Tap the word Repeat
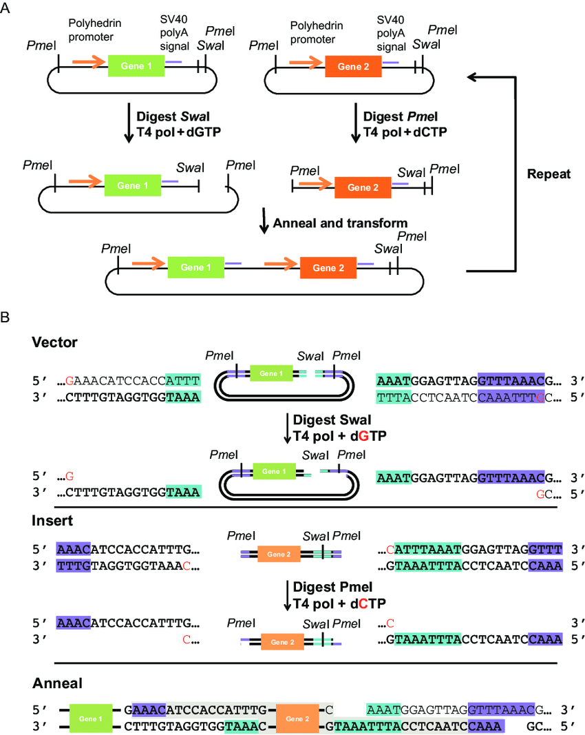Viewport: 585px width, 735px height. pos(549,174)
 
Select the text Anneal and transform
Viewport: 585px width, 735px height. pos(340,223)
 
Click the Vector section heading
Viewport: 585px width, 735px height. pos(55,342)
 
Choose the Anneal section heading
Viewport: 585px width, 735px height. pos(57,683)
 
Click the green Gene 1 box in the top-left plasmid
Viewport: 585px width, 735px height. pos(136,67)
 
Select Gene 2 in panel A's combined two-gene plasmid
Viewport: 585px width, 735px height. pos(328,267)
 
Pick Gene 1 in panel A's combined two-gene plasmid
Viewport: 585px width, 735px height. pos(195,267)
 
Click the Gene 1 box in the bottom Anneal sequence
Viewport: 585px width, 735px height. pos(90,718)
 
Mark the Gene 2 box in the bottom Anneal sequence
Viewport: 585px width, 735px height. pos(297,718)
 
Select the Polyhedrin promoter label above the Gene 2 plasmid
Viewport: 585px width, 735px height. pos(314,32)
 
